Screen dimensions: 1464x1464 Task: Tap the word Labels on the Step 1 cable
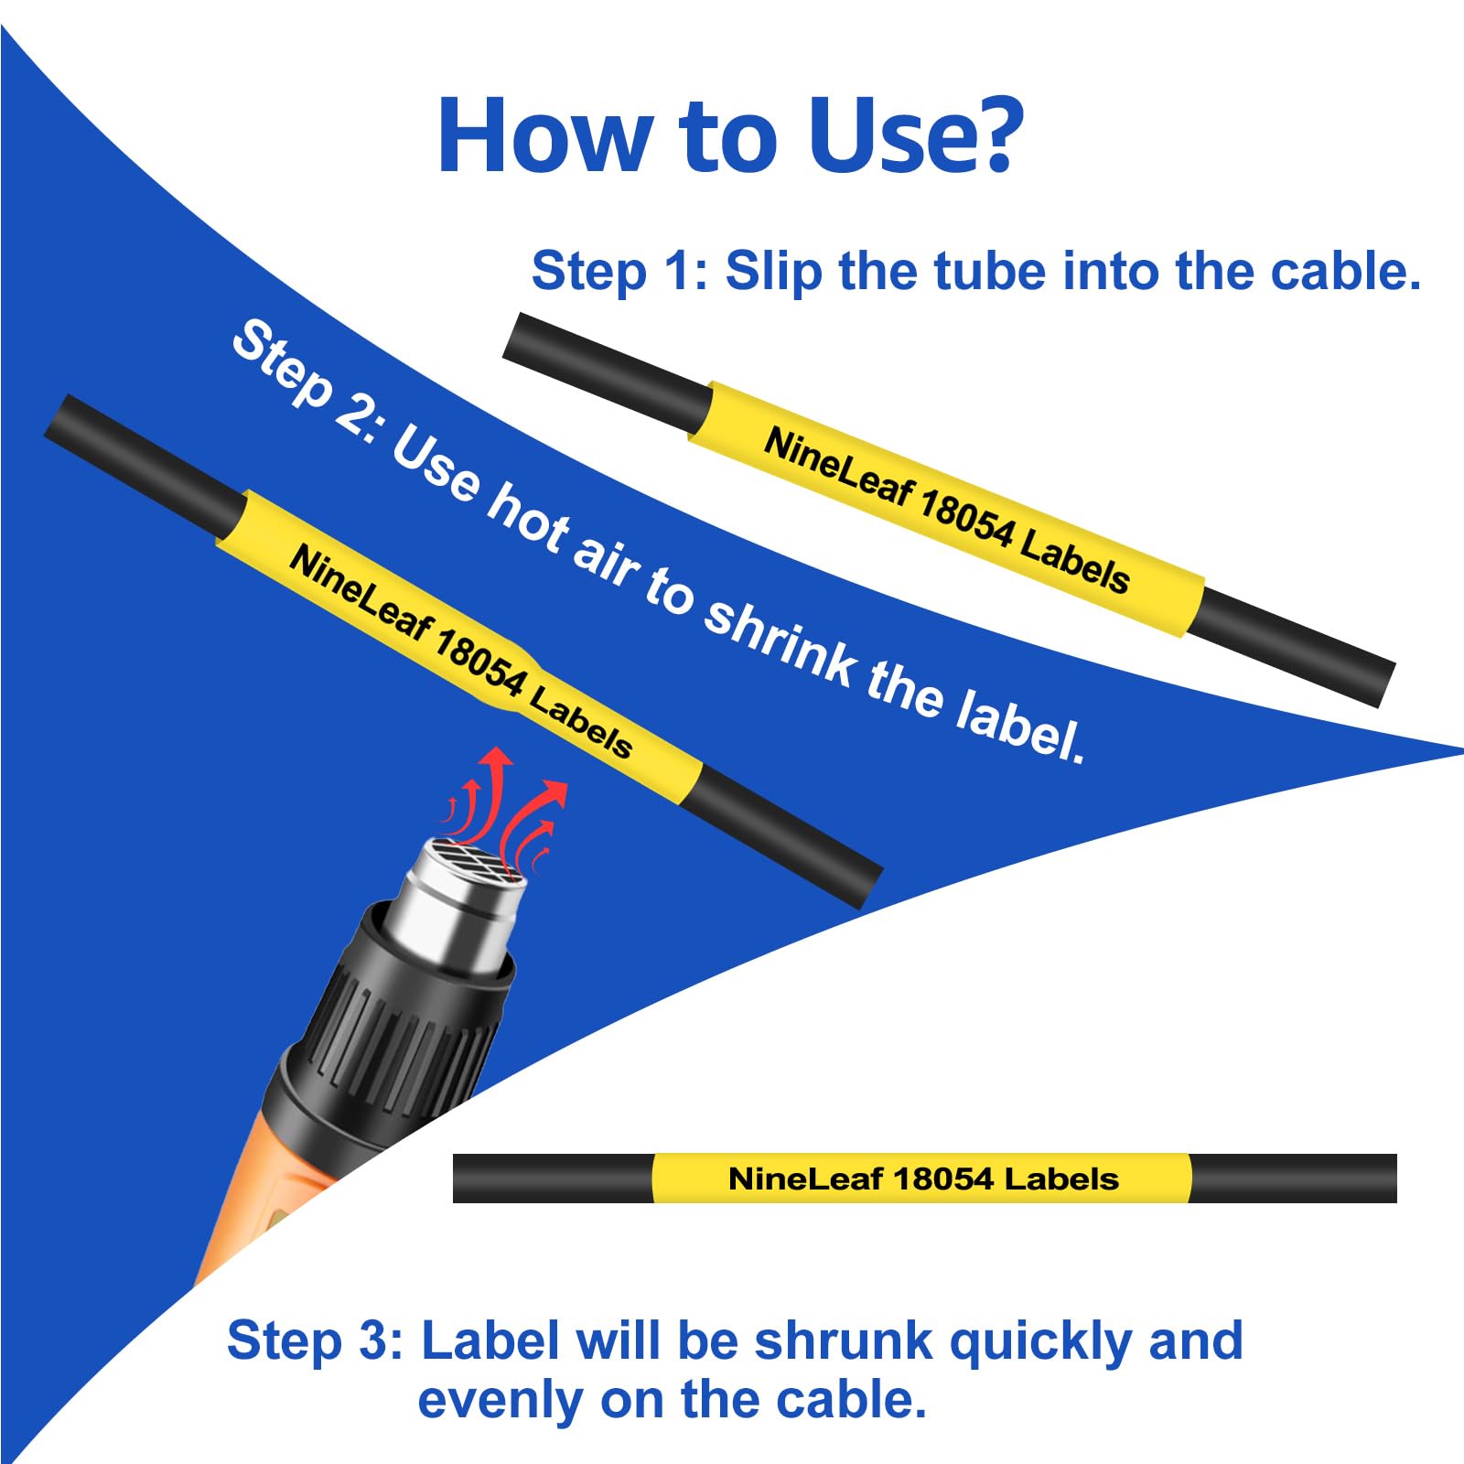tap(1074, 561)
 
